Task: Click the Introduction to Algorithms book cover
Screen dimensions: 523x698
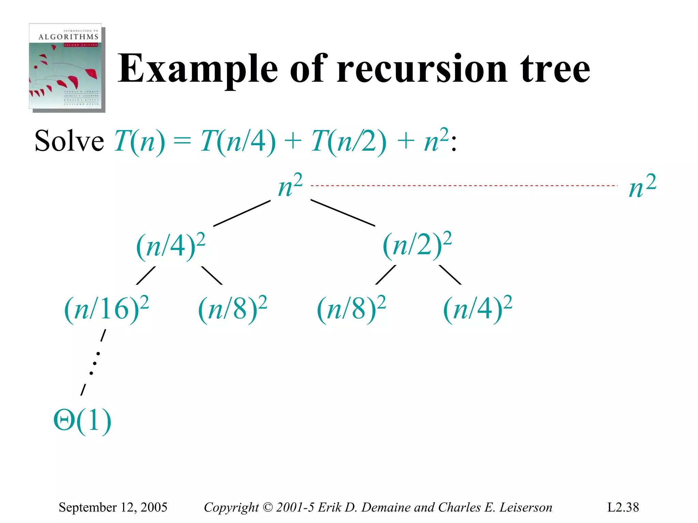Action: (67, 68)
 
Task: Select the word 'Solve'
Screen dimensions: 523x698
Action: (69, 141)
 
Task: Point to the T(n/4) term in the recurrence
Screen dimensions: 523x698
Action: (238, 141)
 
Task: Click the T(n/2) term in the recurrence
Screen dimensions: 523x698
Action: (348, 141)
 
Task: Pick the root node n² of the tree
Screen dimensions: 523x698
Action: (290, 186)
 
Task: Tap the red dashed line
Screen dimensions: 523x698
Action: (464, 186)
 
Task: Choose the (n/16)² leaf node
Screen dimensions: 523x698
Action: (106, 309)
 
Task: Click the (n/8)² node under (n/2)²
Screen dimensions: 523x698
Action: (351, 309)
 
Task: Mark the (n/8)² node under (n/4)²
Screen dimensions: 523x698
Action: (232, 309)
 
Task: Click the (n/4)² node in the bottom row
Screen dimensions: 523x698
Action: (477, 309)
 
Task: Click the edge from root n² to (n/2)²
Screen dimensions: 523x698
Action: (343, 213)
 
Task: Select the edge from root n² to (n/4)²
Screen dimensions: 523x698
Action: (242, 213)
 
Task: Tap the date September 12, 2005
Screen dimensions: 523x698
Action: (113, 507)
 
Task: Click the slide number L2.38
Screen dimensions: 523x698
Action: (623, 507)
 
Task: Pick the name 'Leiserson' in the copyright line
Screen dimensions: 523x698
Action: (526, 507)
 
